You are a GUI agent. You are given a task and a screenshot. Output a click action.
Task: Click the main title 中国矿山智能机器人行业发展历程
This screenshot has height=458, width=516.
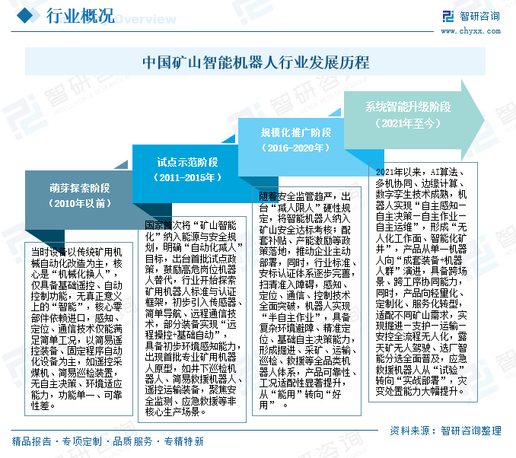[x=257, y=62]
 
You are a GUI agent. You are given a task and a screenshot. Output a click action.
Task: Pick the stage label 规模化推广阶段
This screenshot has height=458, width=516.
[x=296, y=132]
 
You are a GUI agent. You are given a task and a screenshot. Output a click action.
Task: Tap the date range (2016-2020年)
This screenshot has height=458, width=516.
[x=296, y=148]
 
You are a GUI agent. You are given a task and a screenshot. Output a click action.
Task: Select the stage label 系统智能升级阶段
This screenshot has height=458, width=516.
[x=408, y=106]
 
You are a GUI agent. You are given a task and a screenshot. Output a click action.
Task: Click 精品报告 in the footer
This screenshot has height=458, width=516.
[x=32, y=441]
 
